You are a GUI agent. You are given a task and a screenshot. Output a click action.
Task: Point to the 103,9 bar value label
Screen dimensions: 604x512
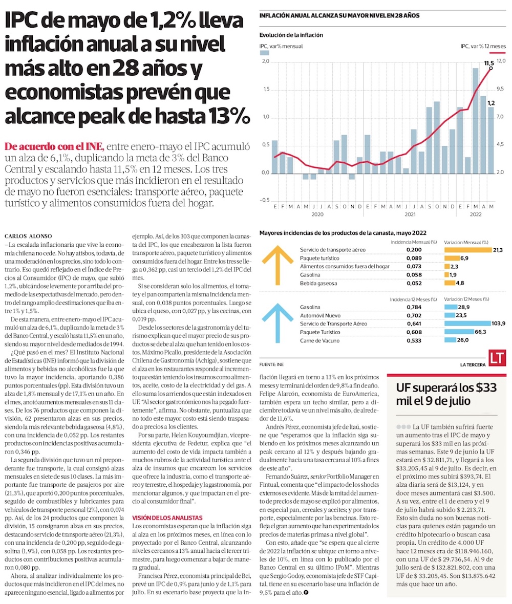coord(498,323)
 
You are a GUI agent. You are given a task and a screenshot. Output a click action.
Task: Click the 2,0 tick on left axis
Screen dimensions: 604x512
coord(265,61)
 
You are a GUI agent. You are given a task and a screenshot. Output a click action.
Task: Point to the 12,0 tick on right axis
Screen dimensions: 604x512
coord(501,61)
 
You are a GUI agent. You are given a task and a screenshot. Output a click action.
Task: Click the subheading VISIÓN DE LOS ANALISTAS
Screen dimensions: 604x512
coord(167,518)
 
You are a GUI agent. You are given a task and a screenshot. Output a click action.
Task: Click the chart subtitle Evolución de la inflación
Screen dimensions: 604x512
coord(290,35)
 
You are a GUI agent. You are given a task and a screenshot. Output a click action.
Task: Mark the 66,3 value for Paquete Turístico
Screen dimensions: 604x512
coord(481,332)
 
